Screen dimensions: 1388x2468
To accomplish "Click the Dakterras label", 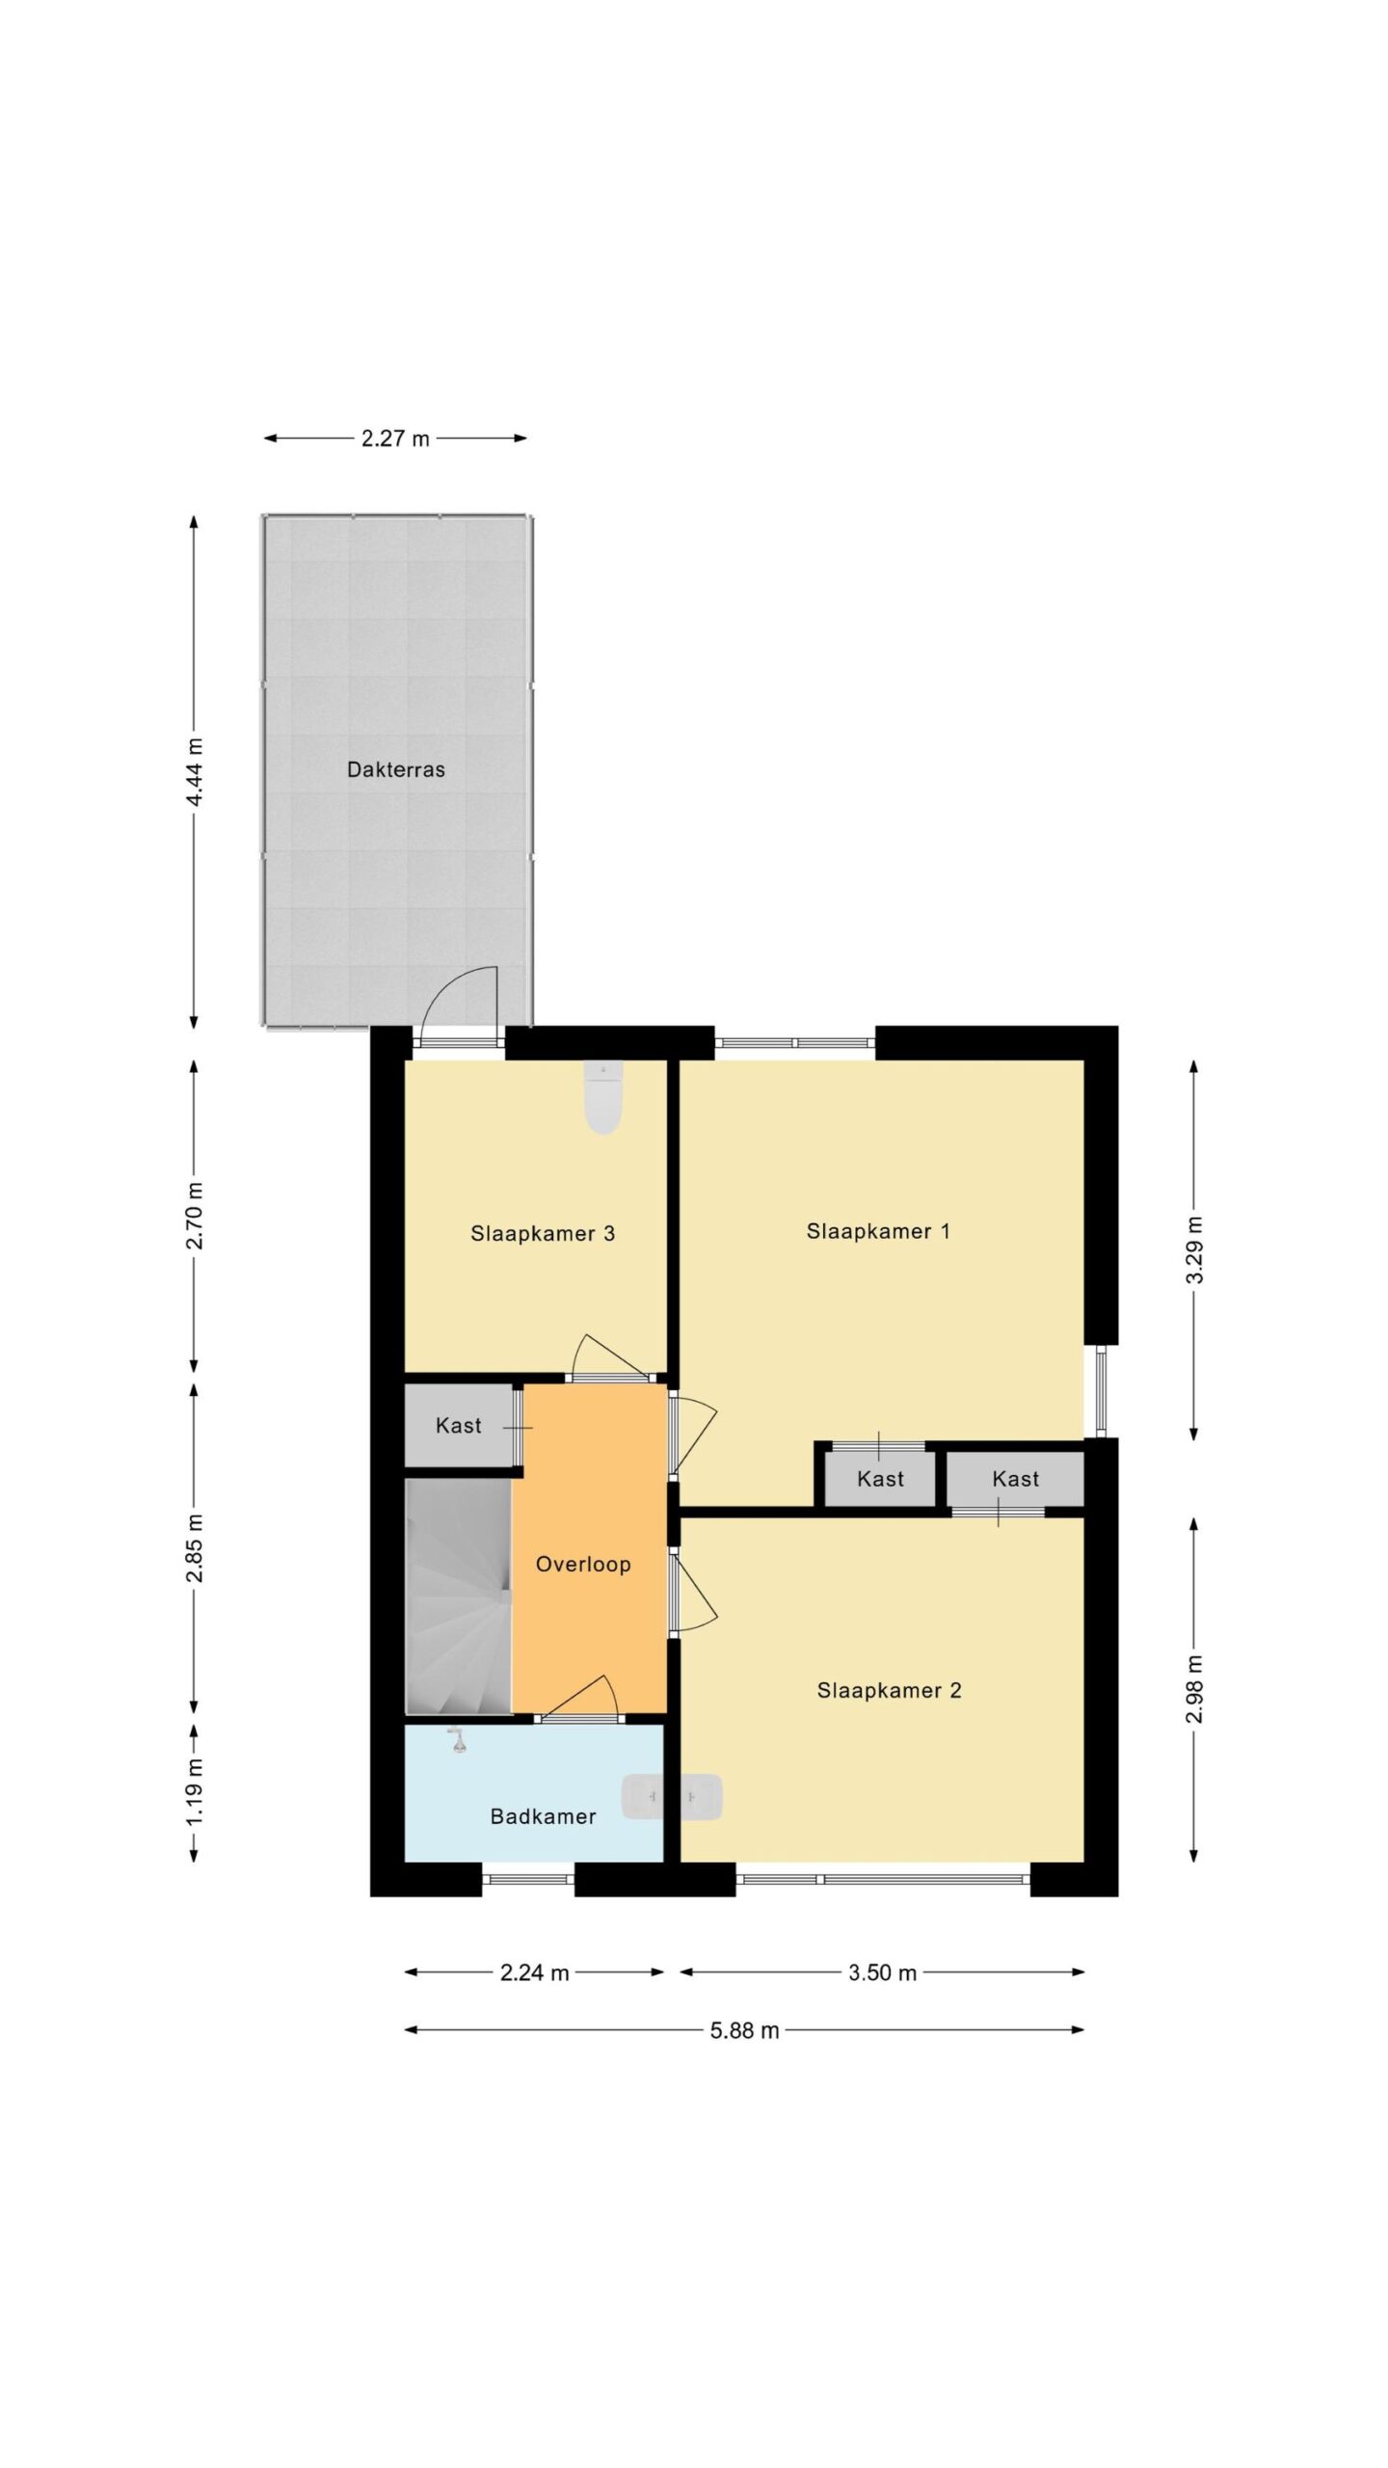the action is pyautogui.click(x=395, y=769).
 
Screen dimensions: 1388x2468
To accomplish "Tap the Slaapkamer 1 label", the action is pyautogui.click(x=878, y=1231).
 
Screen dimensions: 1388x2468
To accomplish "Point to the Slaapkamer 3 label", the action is pyautogui.click(x=542, y=1233).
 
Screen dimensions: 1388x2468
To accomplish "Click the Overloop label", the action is pyautogui.click(x=583, y=1564).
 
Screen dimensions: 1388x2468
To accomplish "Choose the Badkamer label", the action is pyautogui.click(x=543, y=1816).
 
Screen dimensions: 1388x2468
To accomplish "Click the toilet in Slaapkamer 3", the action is pyautogui.click(x=603, y=1097).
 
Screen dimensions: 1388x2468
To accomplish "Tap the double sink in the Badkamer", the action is pyautogui.click(x=671, y=1796).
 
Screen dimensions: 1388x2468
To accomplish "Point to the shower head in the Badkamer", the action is pyautogui.click(x=457, y=1740).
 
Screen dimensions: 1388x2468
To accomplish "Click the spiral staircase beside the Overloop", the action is pyautogui.click(x=458, y=1596).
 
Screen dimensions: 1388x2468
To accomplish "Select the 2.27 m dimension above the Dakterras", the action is pyautogui.click(x=395, y=439).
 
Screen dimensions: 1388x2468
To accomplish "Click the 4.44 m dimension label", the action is pyautogui.click(x=195, y=772).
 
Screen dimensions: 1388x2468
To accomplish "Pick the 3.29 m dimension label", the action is pyautogui.click(x=1194, y=1249).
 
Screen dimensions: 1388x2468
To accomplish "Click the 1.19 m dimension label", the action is pyautogui.click(x=195, y=1790).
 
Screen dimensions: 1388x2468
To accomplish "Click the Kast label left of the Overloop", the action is pyautogui.click(x=458, y=1425).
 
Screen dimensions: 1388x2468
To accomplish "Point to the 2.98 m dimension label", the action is pyautogui.click(x=1194, y=1688).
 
